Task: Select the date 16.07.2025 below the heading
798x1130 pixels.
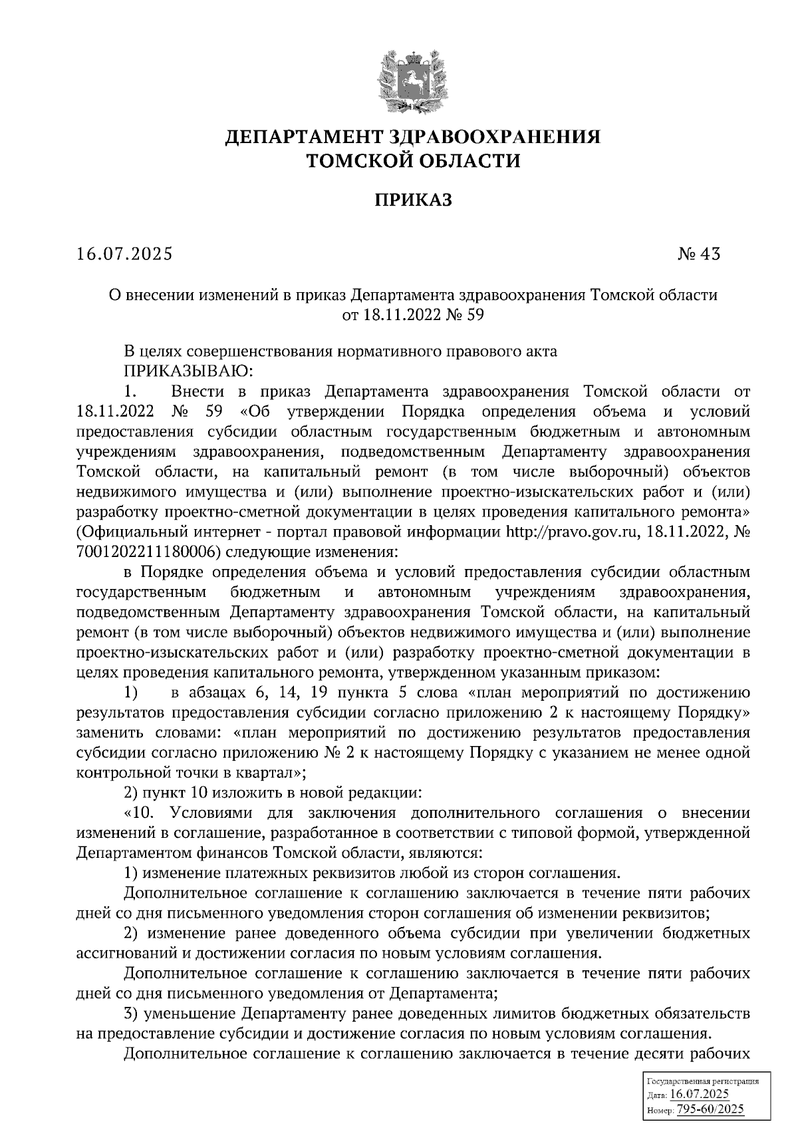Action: coord(124,254)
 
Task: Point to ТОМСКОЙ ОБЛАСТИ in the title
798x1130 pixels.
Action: coord(412,160)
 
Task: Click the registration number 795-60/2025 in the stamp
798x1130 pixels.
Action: coord(710,1109)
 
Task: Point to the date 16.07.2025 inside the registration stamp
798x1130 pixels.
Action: coord(700,1095)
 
